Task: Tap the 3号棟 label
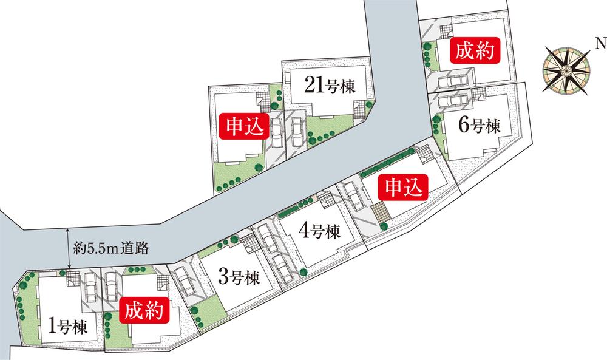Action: (x=238, y=278)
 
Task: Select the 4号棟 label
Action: (x=319, y=231)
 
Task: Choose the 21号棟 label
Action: (x=330, y=86)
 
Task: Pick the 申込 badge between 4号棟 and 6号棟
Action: (x=402, y=188)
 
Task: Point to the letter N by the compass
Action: (x=600, y=42)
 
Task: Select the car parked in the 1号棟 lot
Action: (x=89, y=285)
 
